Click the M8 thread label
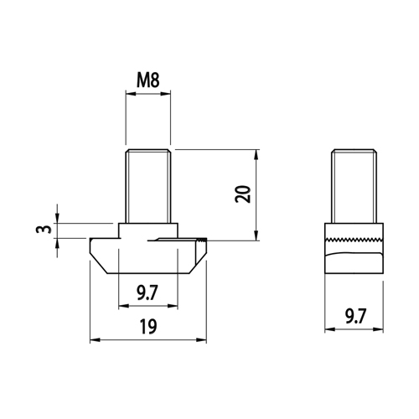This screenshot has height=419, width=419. [148, 80]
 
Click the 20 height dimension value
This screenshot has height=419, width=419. [243, 194]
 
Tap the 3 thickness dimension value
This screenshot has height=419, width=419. [44, 229]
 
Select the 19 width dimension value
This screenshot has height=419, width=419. [148, 327]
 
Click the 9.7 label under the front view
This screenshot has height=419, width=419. [147, 292]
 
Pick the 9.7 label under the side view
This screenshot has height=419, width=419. [355, 316]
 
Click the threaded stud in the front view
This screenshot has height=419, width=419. [148, 186]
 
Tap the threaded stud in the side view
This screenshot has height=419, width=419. [354, 186]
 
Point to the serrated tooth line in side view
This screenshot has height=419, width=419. [354, 240]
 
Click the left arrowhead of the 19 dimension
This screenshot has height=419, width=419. [95, 340]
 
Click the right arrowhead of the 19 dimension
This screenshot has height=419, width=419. [201, 340]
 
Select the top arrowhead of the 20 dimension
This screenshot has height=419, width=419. [256, 155]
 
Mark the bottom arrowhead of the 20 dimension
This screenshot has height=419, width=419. [256, 235]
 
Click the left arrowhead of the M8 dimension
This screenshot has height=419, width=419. [131, 94]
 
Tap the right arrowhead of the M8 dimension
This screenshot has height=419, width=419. [165, 94]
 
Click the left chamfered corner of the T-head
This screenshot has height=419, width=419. [98, 263]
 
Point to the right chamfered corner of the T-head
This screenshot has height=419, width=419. [198, 263]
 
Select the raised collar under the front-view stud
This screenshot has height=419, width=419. [148, 230]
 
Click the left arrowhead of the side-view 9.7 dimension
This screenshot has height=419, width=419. [330, 329]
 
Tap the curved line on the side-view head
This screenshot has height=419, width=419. [354, 254]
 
